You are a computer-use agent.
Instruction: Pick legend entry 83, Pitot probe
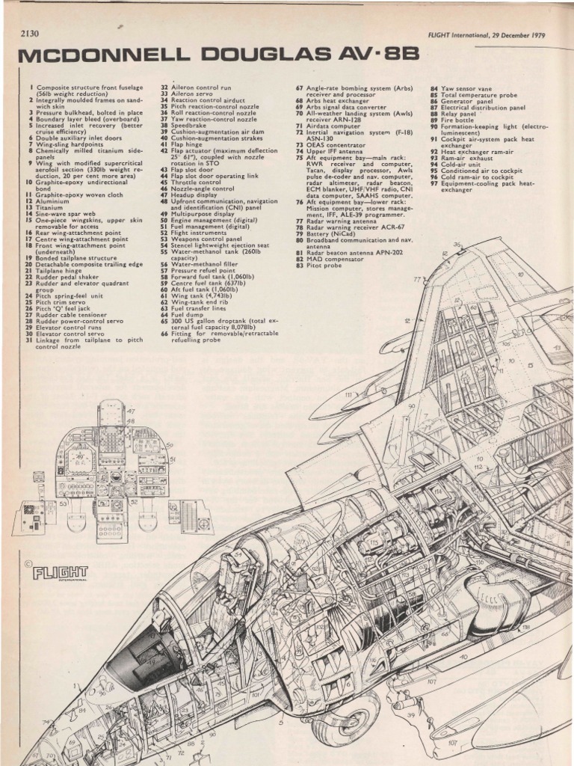(x=322, y=266)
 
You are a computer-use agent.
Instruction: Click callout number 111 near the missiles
(x=348, y=394)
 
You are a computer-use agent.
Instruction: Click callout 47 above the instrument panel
(x=131, y=411)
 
